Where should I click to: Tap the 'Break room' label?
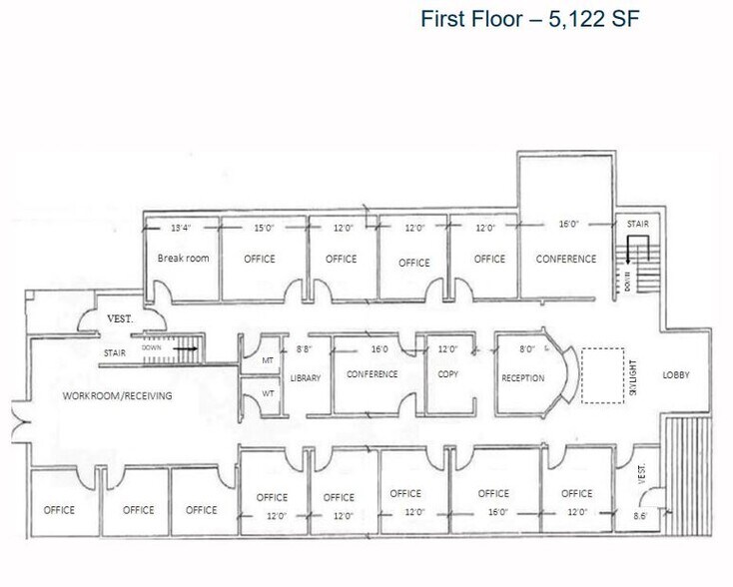click(x=184, y=259)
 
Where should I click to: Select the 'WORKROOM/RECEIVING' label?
click(x=118, y=396)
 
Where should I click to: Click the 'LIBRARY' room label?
click(x=306, y=379)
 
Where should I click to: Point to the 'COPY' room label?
click(x=446, y=374)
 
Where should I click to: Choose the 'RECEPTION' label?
click(x=523, y=378)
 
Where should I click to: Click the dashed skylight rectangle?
click(x=602, y=374)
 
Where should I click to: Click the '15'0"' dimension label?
click(x=263, y=228)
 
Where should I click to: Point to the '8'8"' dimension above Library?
click(x=305, y=349)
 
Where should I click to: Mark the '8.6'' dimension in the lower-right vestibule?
click(x=642, y=516)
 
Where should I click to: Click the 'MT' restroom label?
click(x=269, y=360)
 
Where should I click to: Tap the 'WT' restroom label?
click(x=269, y=393)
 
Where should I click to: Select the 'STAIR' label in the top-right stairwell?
click(x=638, y=225)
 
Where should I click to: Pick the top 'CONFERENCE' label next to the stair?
click(x=566, y=259)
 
